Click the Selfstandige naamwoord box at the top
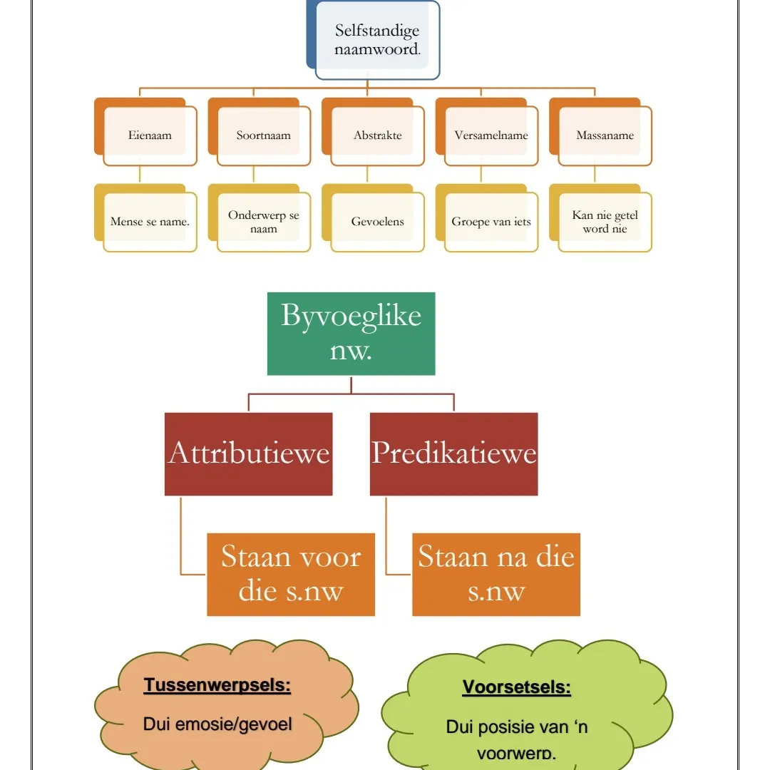pos(377,41)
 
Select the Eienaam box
pos(150,135)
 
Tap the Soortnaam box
pos(263,135)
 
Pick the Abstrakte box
pos(377,135)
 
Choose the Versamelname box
pos(491,135)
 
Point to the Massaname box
pos(605,135)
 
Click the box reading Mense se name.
pos(150,222)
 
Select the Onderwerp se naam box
pos(263,222)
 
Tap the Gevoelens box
pos(377,222)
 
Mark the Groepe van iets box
pos(491,222)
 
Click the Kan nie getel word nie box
pos(605,222)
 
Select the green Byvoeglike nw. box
pos(351,333)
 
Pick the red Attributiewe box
pos(248,453)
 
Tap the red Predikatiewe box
pos(453,453)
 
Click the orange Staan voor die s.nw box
pos(291,574)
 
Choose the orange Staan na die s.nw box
pos(496,574)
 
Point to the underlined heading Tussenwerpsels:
pos(217,686)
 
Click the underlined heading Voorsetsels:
pos(517,688)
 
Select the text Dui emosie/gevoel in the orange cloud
pos(217,724)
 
